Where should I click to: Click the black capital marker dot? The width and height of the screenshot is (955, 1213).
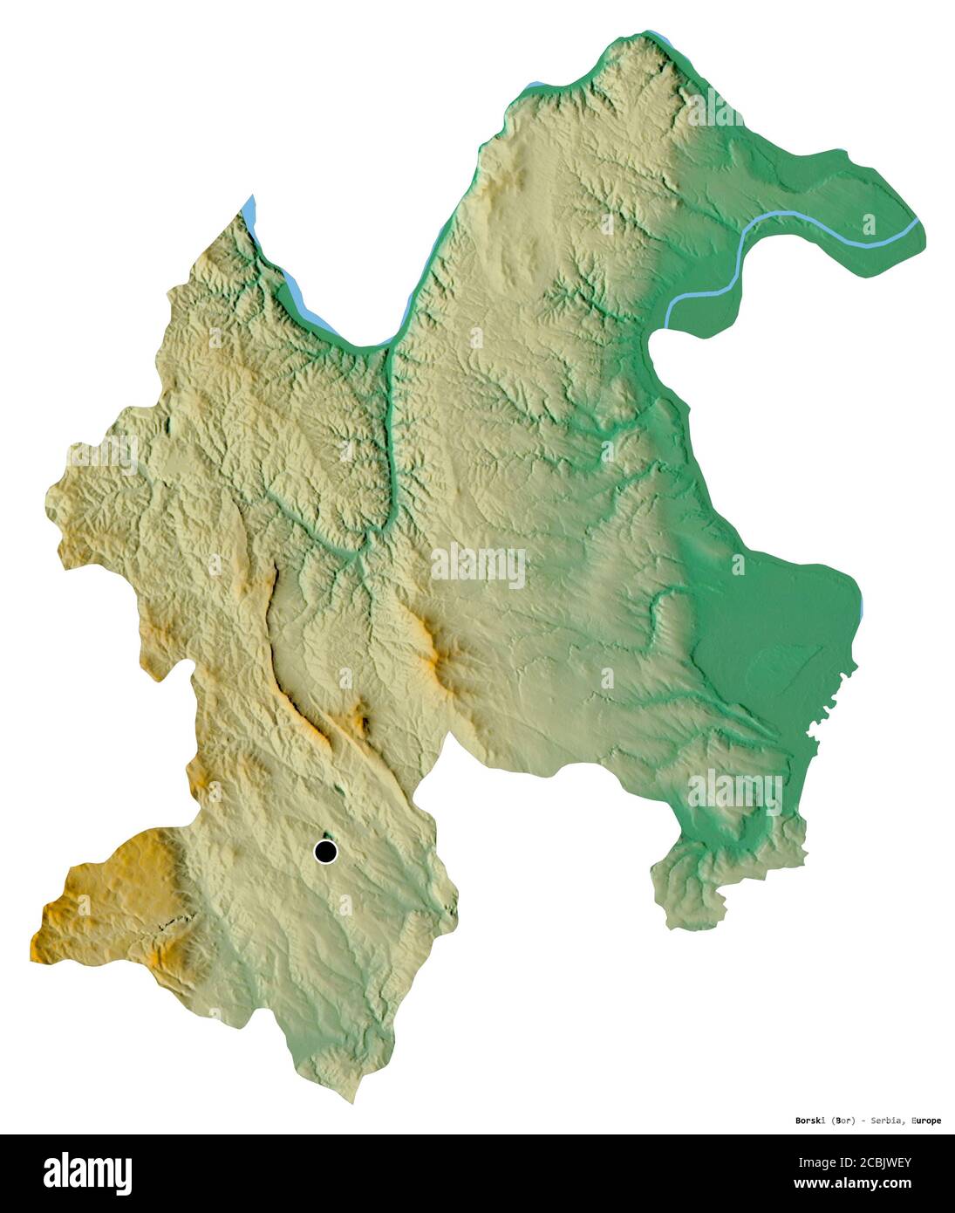[x=325, y=851]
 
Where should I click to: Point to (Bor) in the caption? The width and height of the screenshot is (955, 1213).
[x=842, y=1120]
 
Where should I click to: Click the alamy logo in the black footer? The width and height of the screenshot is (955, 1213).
[x=87, y=1174]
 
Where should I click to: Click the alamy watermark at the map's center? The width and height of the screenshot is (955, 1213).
[x=478, y=566]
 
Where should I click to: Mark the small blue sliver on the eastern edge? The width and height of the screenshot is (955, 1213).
[x=862, y=605]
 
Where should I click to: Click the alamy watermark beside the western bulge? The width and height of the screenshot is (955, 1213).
[x=103, y=455]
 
